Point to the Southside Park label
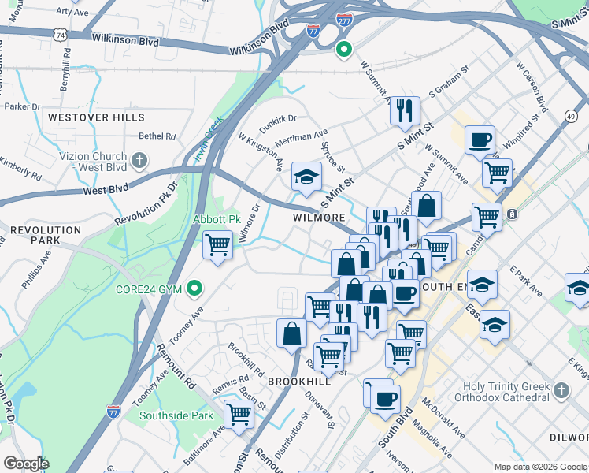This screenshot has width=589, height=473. point(176,415)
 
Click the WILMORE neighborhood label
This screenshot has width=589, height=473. point(319,217)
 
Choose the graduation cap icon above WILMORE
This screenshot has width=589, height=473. point(306,177)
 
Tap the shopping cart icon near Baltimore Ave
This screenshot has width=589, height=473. point(238,413)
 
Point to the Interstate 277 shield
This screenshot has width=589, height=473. point(343,20)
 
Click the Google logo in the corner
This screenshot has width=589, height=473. point(27,464)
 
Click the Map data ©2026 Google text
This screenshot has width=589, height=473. point(539,466)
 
